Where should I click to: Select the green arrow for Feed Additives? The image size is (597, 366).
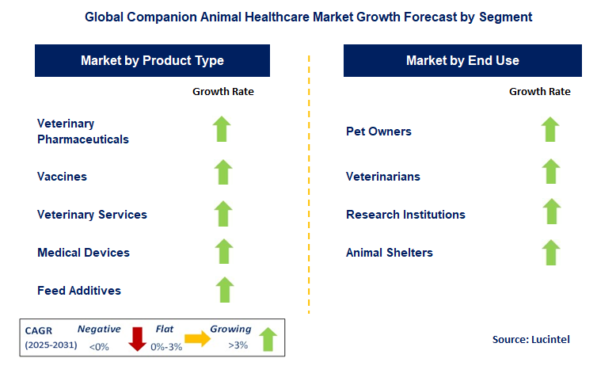click(224, 291)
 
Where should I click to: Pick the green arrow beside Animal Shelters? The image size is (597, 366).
click(550, 253)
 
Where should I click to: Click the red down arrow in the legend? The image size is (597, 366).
click(137, 337)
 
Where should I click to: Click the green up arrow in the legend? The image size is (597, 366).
click(268, 338)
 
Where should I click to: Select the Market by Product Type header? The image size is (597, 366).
click(152, 61)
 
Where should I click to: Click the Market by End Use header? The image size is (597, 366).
click(462, 61)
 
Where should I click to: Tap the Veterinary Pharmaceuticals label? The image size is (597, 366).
click(82, 132)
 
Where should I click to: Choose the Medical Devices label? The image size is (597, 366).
click(83, 253)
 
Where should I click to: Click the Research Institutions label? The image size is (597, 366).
click(405, 215)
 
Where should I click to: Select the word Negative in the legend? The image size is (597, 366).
click(98, 329)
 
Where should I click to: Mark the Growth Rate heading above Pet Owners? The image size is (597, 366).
click(539, 91)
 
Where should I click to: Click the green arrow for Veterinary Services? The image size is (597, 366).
click(223, 214)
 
